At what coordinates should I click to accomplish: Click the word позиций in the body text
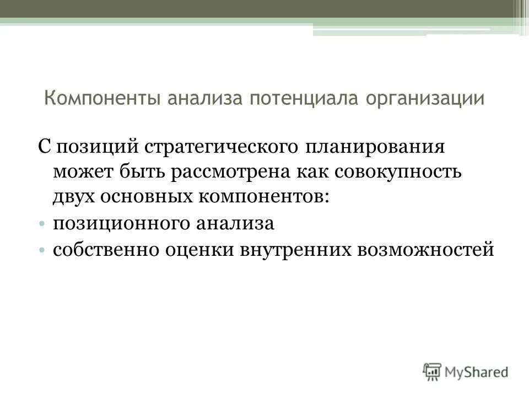pos(96,147)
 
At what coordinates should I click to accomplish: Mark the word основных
pos(147,196)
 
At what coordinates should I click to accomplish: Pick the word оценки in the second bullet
pos(202,250)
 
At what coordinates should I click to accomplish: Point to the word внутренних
pos(296,250)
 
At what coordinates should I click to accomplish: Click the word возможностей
pos(426,250)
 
